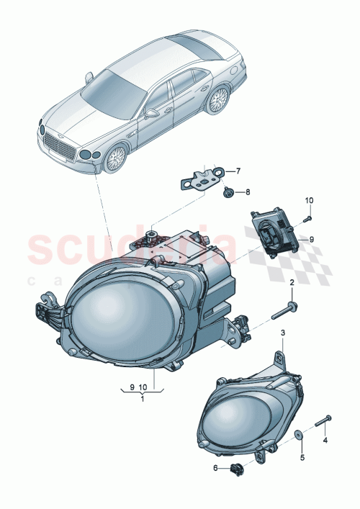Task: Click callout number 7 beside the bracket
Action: click(x=239, y=171)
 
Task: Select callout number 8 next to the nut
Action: click(x=247, y=192)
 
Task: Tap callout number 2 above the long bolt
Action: click(x=292, y=284)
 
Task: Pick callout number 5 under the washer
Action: click(x=302, y=456)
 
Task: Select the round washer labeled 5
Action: click(x=298, y=435)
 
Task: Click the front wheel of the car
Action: click(x=116, y=158)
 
